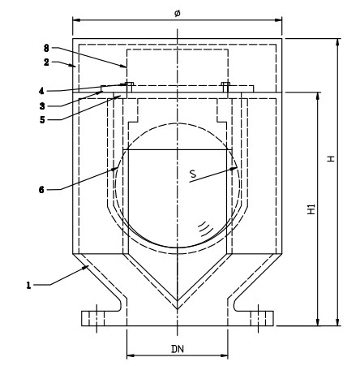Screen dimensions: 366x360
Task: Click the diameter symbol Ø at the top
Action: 177,11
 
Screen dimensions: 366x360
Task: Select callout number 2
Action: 47,61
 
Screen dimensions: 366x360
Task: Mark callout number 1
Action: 30,284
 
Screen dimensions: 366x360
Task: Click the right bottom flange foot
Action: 259,317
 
